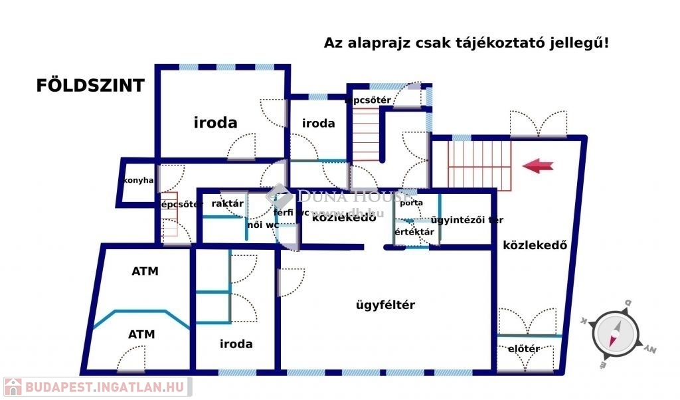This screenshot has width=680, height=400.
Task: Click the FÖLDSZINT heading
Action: pos(90,86)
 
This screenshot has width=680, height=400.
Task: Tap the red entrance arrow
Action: pos(537,166)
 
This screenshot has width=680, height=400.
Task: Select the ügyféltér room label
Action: pos(385,305)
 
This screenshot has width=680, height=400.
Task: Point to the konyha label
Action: pos(139,181)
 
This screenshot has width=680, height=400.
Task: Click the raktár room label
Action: pos(227,204)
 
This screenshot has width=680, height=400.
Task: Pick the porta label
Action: pos(411,203)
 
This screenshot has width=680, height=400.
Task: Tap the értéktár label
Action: pos(414,232)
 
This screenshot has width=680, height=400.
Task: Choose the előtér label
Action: pos(523,349)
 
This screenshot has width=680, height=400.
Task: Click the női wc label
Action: pos(263,225)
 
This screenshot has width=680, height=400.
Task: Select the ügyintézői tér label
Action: pos(467,220)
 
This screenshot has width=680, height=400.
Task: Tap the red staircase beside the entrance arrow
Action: pos(479,166)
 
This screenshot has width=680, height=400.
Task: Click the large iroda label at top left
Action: pos(215,122)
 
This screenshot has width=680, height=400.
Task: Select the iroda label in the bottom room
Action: pos(236,344)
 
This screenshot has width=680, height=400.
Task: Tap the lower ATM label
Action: pos(141,334)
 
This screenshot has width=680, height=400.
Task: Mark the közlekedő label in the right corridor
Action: pos(535,245)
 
